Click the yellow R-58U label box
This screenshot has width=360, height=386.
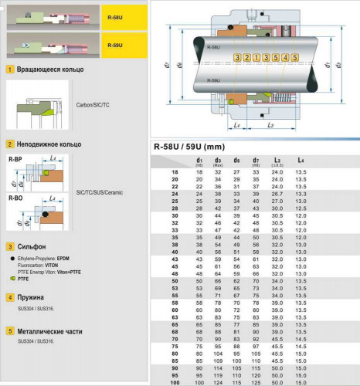pyautogui.click(x=123, y=15)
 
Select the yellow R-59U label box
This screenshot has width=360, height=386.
pyautogui.click(x=123, y=45)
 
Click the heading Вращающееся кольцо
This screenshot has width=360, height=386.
pyautogui.click(x=50, y=69)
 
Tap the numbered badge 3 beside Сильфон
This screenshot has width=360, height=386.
pyautogui.click(x=9, y=246)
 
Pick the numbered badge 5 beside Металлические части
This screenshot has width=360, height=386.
pyautogui.click(x=9, y=331)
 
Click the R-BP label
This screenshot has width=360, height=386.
pyautogui.click(x=15, y=159)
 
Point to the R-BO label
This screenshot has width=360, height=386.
pyautogui.click(x=15, y=198)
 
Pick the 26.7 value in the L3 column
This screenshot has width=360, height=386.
pyautogui.click(x=277, y=192)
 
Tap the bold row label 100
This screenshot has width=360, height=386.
pyautogui.click(x=175, y=381)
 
